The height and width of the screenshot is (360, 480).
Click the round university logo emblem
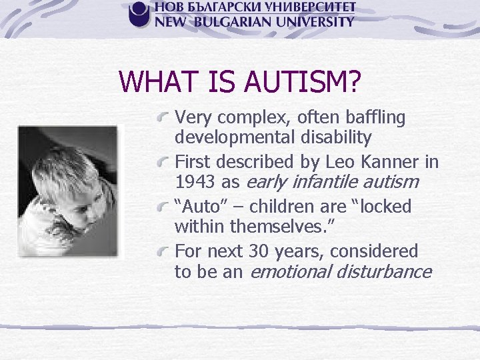[139, 14]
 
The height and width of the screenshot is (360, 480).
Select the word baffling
[375, 117]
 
